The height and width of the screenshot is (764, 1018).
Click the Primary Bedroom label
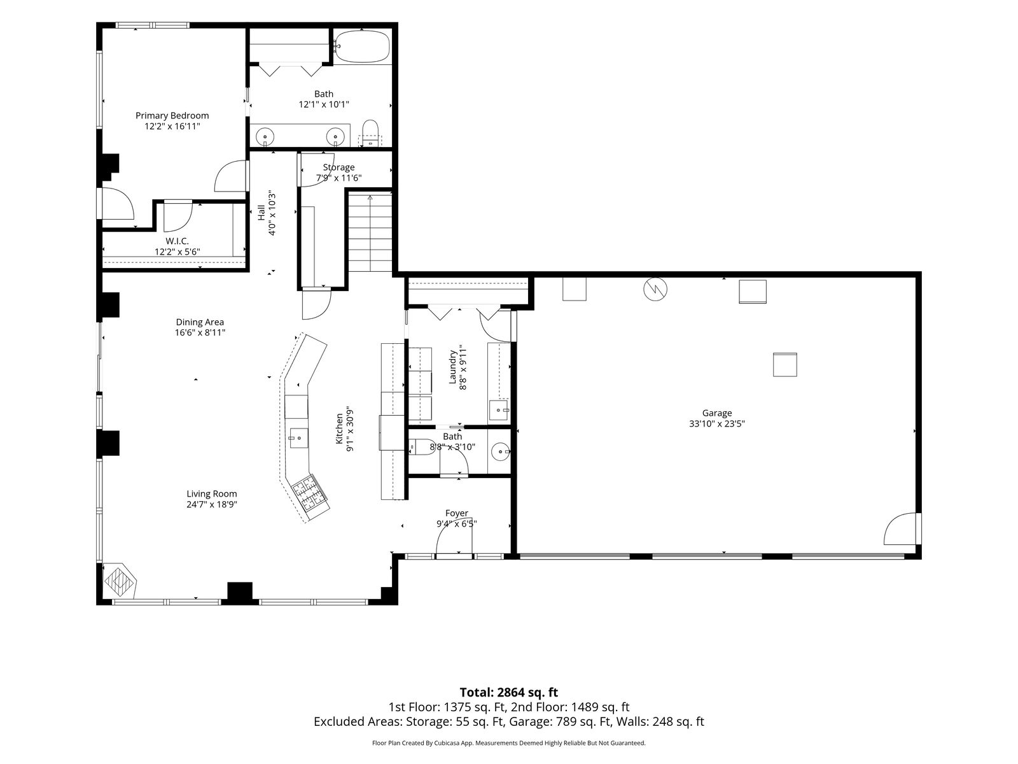[172, 115]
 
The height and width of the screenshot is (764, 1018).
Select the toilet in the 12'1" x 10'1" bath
[370, 133]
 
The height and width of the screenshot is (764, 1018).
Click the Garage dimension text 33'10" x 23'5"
[716, 423]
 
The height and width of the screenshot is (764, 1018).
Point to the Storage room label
[338, 167]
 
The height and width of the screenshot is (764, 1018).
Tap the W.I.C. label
[177, 241]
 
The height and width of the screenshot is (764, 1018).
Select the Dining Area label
[200, 322]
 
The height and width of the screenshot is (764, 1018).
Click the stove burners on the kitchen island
[309, 496]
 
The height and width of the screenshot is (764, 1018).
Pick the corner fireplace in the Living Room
[120, 580]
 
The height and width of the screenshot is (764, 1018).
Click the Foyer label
[457, 513]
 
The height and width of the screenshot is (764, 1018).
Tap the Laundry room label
[452, 367]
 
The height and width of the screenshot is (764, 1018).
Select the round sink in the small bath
[501, 451]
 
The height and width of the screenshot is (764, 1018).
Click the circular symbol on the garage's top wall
[655, 290]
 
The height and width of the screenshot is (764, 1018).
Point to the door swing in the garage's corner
[900, 529]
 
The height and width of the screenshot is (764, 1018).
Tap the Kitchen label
[340, 428]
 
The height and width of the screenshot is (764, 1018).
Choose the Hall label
[262, 213]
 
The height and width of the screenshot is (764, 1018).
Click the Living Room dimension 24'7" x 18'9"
[212, 505]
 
